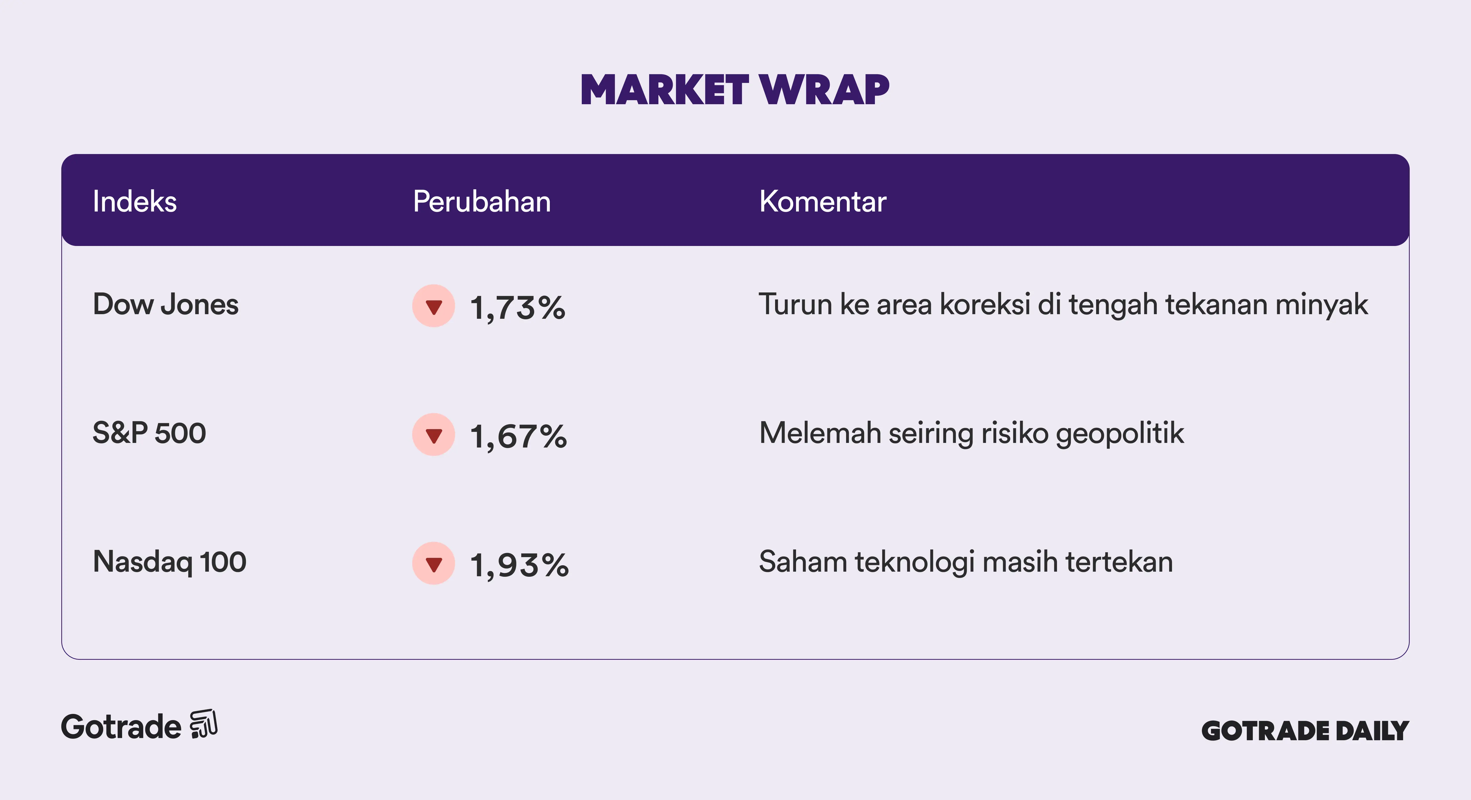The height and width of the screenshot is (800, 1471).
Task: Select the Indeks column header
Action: pyautogui.click(x=135, y=202)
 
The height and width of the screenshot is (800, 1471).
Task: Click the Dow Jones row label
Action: pyautogui.click(x=165, y=304)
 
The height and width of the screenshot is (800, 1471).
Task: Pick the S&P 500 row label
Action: pyautogui.click(x=149, y=433)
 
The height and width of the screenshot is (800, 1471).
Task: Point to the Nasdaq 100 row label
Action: pyautogui.click(x=170, y=562)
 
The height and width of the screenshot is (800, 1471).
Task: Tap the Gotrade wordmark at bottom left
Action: pyautogui.click(x=121, y=727)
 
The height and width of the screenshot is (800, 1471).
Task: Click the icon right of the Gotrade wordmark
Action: pyautogui.click(x=204, y=724)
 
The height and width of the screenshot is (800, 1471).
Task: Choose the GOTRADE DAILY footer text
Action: pyautogui.click(x=1306, y=731)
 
